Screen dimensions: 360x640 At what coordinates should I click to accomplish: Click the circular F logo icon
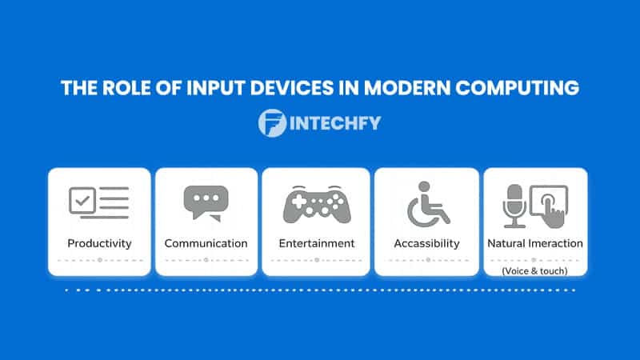[x=272, y=123]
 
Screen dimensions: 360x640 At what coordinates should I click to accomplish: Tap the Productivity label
[x=99, y=242]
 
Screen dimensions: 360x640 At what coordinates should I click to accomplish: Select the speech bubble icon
[x=206, y=203]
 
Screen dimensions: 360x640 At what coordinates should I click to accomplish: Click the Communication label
[x=206, y=242]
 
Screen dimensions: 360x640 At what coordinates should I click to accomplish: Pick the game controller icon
[x=316, y=203]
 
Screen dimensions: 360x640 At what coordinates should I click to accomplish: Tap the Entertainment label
[x=316, y=242]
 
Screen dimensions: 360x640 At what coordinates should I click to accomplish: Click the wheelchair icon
[x=427, y=203]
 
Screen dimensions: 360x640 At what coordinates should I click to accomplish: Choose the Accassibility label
[x=427, y=242]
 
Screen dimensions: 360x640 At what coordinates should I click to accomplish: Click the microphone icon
[x=514, y=205]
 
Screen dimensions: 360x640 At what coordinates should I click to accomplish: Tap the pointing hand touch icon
[x=550, y=206]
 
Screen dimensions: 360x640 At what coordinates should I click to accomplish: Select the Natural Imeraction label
[x=535, y=242]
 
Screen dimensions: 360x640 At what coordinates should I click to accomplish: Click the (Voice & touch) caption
[x=535, y=271]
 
